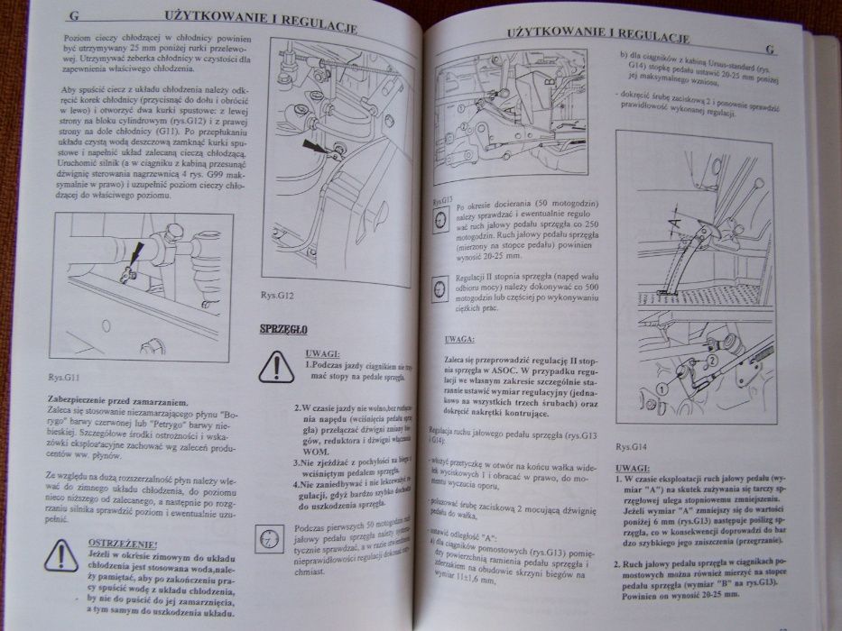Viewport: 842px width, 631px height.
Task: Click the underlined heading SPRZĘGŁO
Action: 282,328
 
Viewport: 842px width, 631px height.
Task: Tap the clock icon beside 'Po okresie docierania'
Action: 440,221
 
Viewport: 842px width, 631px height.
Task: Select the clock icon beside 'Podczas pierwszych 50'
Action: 269,539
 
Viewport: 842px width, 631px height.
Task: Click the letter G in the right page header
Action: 769,50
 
